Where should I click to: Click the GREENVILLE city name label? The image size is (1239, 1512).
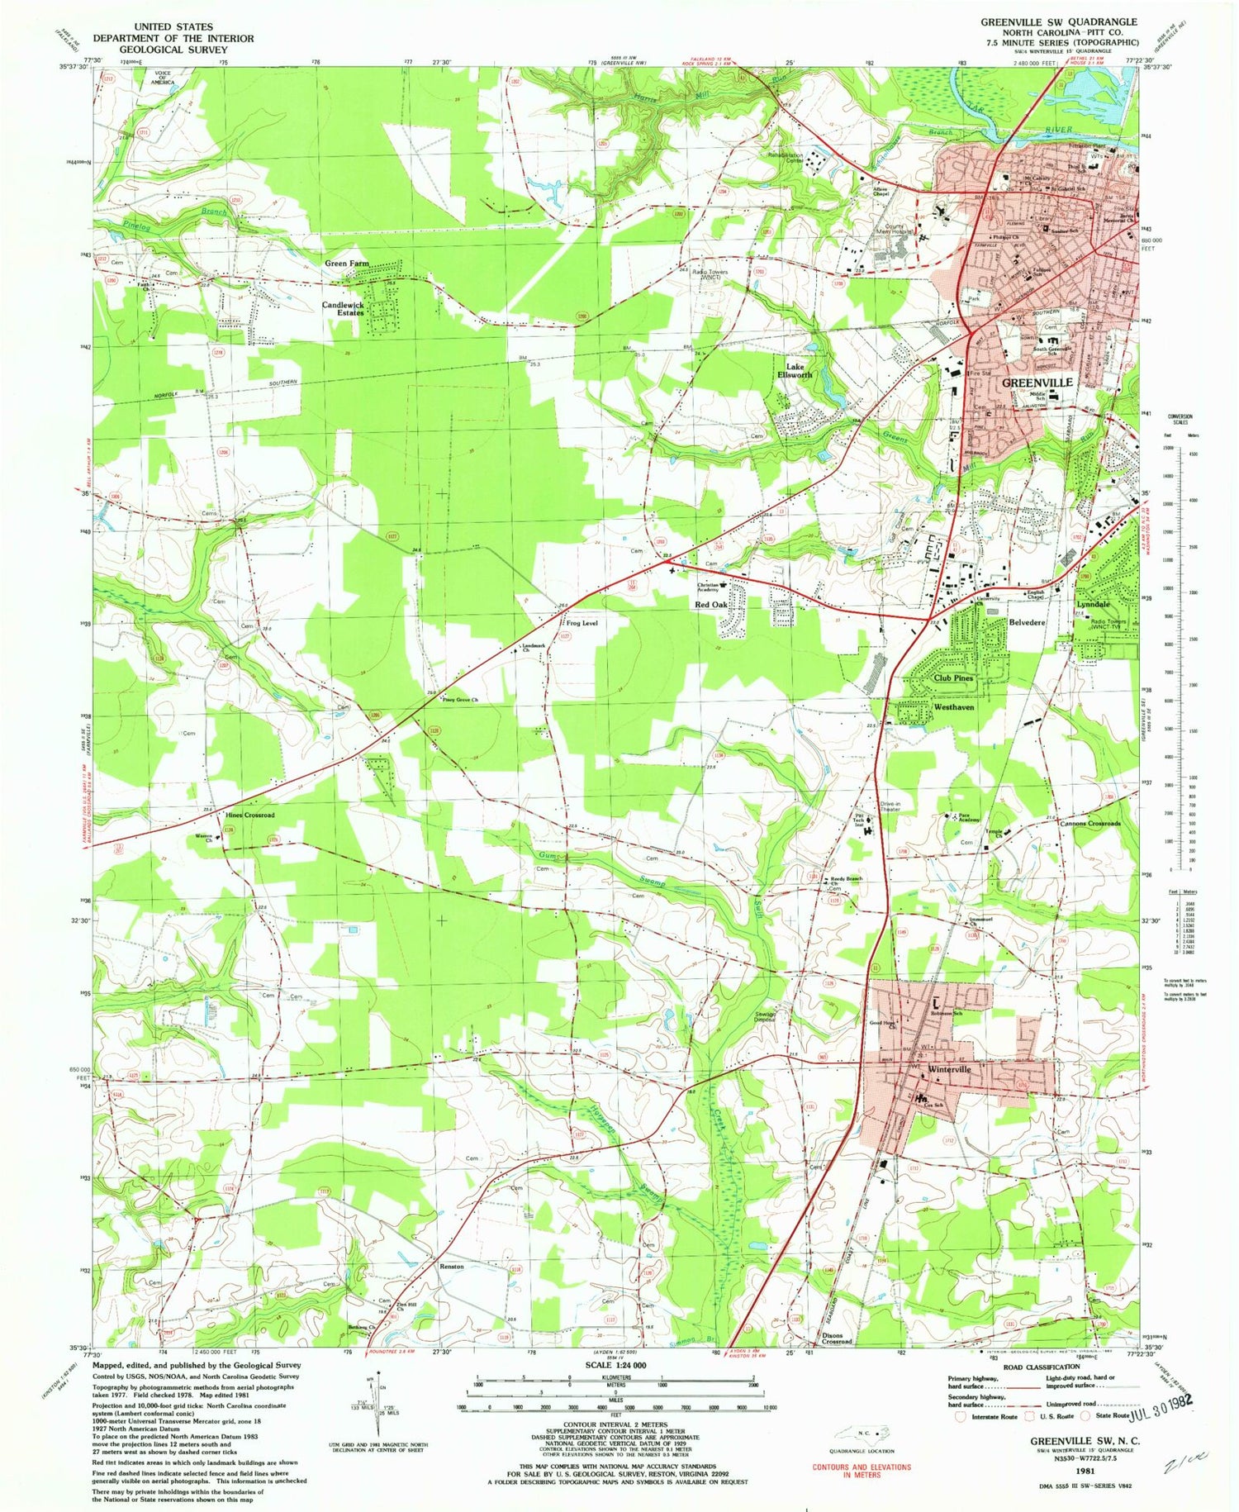[x=1037, y=383]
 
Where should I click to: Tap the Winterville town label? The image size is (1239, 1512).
[x=950, y=1069]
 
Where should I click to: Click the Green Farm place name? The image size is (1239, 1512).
[x=346, y=264]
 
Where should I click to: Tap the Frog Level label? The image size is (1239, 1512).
[x=582, y=623]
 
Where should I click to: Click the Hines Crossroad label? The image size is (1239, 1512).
[x=249, y=815]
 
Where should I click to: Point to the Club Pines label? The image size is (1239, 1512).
[x=953, y=678]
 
